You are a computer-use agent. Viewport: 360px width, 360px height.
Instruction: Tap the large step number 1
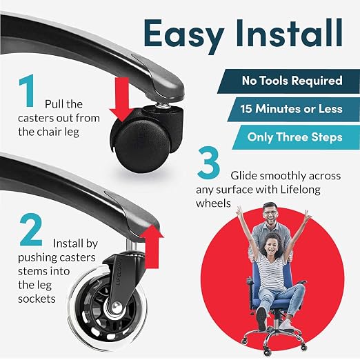tap(27, 91)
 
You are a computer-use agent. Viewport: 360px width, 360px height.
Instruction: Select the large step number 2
tap(31, 230)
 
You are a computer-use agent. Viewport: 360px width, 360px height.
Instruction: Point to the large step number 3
tap(209, 163)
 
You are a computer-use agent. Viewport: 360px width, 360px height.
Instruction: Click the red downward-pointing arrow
tap(121, 99)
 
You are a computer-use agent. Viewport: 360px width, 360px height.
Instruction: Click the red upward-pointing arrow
tap(152, 246)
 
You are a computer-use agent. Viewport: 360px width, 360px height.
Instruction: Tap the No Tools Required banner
tap(289, 81)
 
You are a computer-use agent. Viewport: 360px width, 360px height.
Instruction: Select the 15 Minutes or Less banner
tap(294, 109)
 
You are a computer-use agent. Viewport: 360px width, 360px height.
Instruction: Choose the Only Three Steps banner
tap(296, 137)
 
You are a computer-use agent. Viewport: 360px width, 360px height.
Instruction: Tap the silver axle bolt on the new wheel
tap(117, 308)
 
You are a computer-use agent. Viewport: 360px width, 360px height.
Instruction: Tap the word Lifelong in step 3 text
tap(300, 190)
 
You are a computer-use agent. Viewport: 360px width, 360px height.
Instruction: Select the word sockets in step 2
tap(37, 299)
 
